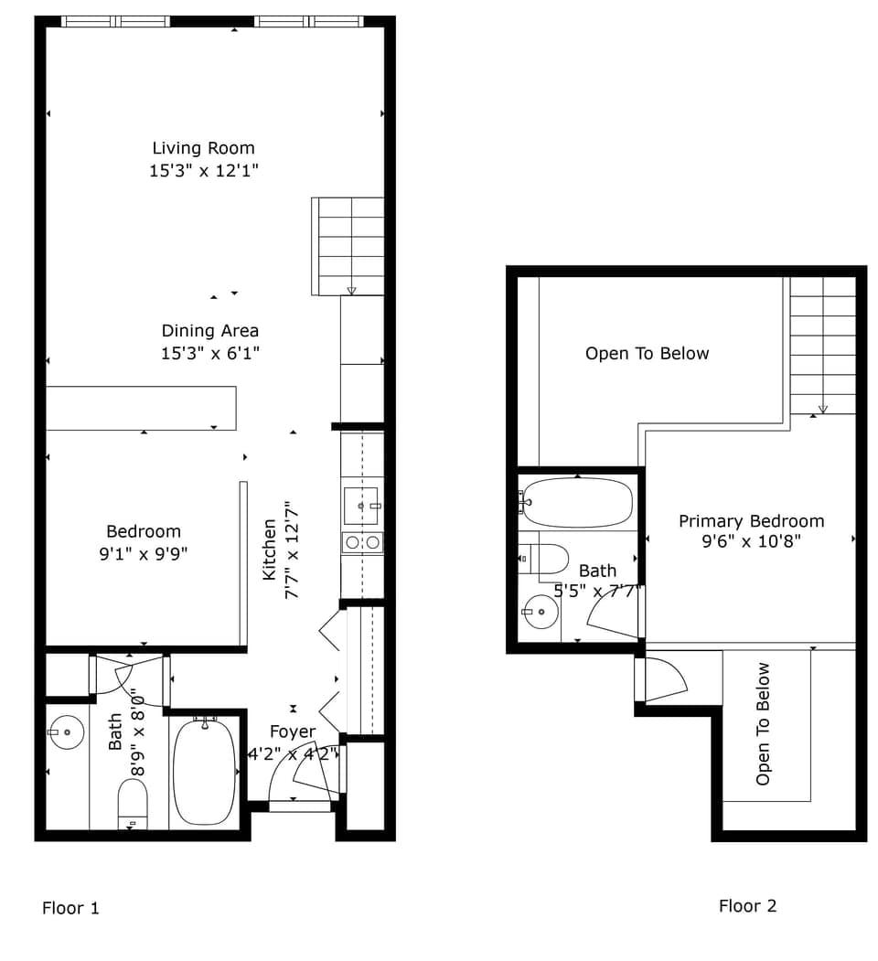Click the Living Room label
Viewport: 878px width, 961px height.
[x=203, y=148]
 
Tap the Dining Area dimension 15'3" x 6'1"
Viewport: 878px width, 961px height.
[x=210, y=354]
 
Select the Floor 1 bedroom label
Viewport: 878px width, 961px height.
[x=144, y=531]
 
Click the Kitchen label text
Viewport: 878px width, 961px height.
[x=270, y=550]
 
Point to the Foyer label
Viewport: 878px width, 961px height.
[x=293, y=731]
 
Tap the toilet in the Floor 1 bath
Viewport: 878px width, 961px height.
[x=133, y=804]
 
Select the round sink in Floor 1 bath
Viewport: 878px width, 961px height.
[x=67, y=732]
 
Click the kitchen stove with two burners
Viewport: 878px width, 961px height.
[x=362, y=542]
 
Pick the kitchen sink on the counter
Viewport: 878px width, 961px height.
[x=360, y=506]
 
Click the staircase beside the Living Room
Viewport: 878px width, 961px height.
[x=348, y=245]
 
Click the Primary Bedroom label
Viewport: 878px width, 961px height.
[x=751, y=521]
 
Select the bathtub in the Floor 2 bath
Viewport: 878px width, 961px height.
[x=577, y=502]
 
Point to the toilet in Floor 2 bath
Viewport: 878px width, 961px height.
[x=543, y=558]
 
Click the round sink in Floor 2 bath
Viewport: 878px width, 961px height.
[x=541, y=612]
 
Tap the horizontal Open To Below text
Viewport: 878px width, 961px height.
[x=647, y=354]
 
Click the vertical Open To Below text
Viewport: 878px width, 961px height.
[x=763, y=723]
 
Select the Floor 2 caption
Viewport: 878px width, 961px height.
[x=747, y=906]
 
